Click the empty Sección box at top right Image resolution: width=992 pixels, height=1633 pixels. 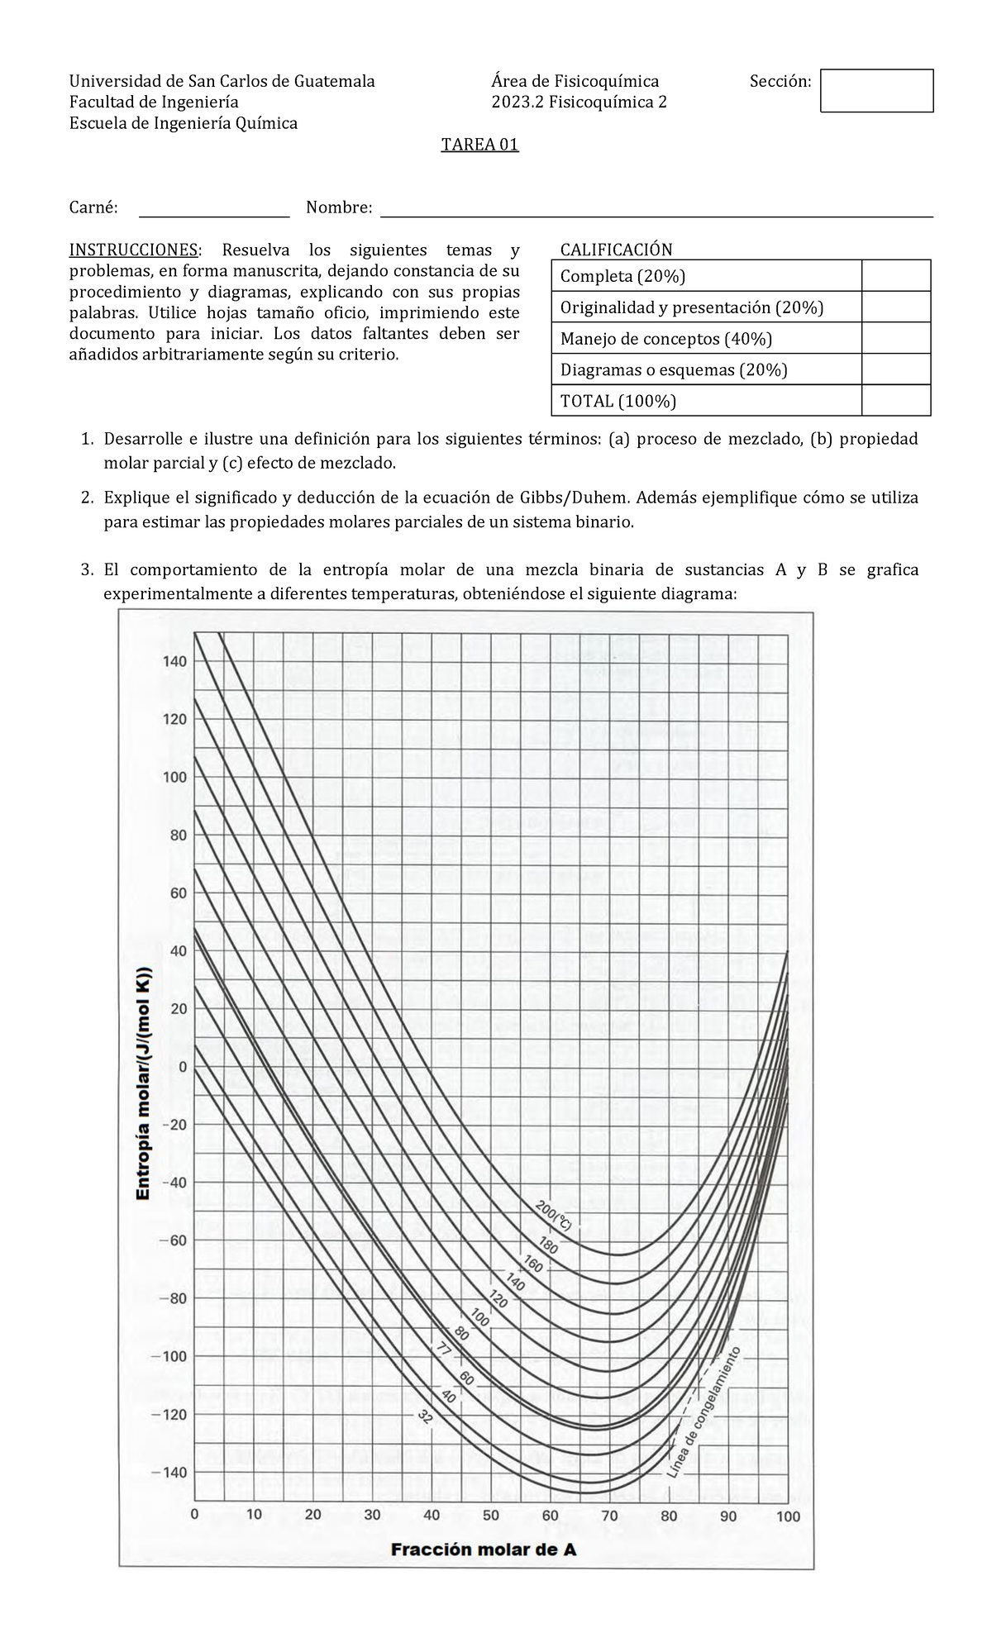pyautogui.click(x=876, y=91)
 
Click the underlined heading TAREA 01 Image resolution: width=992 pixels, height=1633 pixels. pyautogui.click(x=479, y=145)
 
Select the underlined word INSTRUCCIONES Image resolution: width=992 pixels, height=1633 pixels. pyautogui.click(x=133, y=250)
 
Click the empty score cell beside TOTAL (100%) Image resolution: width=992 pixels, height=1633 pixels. pyautogui.click(x=895, y=402)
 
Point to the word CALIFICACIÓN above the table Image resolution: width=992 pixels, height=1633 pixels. pyautogui.click(x=616, y=250)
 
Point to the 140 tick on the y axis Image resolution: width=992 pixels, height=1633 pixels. pyautogui.click(x=174, y=661)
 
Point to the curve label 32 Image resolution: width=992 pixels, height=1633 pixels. pyautogui.click(x=425, y=1418)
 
